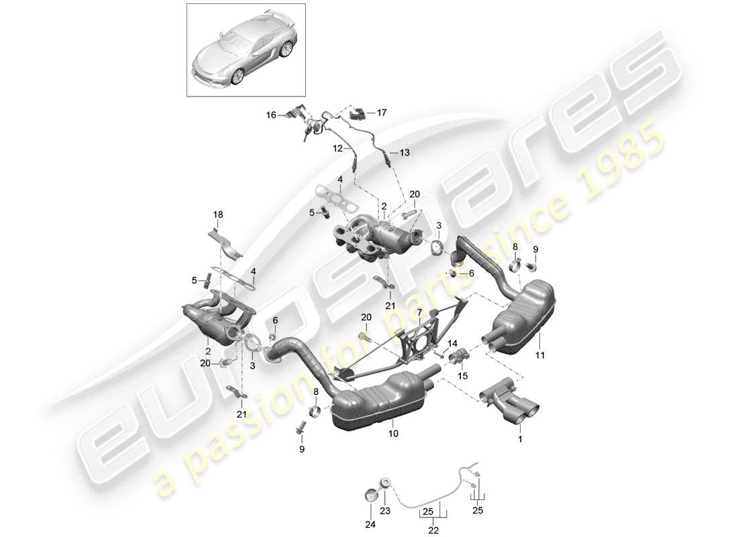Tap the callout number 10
pos(393,434)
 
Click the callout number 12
pos(337,148)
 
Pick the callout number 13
pos(404,154)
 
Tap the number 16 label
pos(270,115)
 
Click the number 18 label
pos(217,214)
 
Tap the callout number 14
pos(452,343)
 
